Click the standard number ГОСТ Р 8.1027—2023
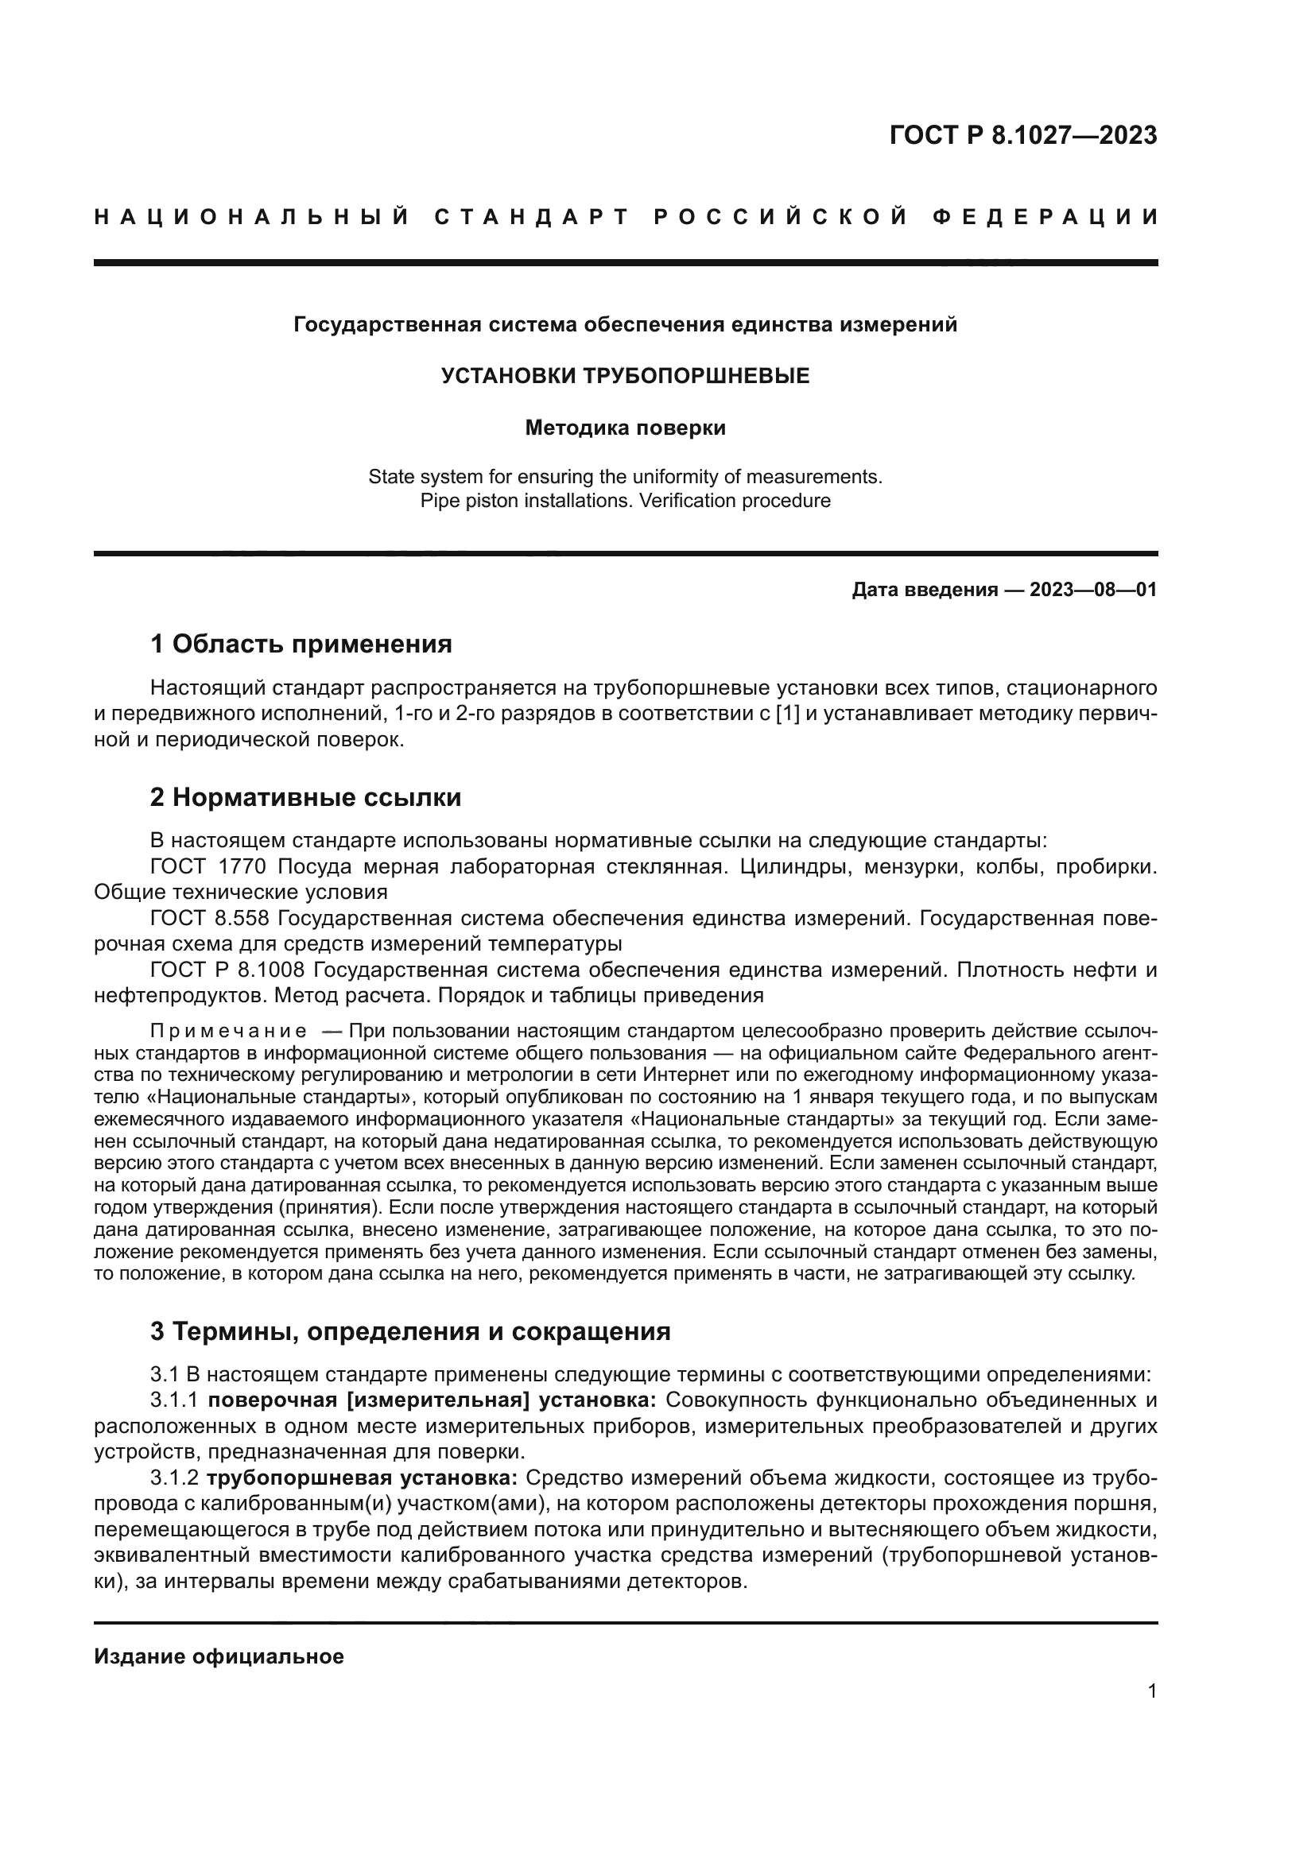pos(1022,135)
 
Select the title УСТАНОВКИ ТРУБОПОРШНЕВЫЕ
pos(625,376)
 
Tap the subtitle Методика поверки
pos(625,428)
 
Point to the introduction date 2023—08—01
pos(1093,590)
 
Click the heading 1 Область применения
pos(301,645)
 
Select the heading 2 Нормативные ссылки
pos(306,797)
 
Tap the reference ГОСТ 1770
pos(208,867)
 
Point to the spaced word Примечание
pos(228,1032)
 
